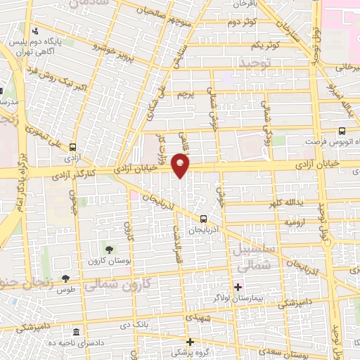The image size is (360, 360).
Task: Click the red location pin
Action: coord(181,166)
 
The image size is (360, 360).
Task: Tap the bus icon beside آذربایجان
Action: coord(203,218)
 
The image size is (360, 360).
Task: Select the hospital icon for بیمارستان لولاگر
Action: coord(238,286)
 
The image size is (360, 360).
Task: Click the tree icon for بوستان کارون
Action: coord(108,250)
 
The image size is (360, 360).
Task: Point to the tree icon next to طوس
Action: coord(65,278)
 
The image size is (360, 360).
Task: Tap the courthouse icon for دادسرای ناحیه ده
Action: coord(76,331)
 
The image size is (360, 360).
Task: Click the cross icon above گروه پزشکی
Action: coord(189,342)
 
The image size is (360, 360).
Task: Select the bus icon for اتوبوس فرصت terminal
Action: coord(342,131)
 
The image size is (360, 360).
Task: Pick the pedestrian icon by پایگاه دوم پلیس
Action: coord(35,30)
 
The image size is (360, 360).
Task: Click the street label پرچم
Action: coord(185,93)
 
